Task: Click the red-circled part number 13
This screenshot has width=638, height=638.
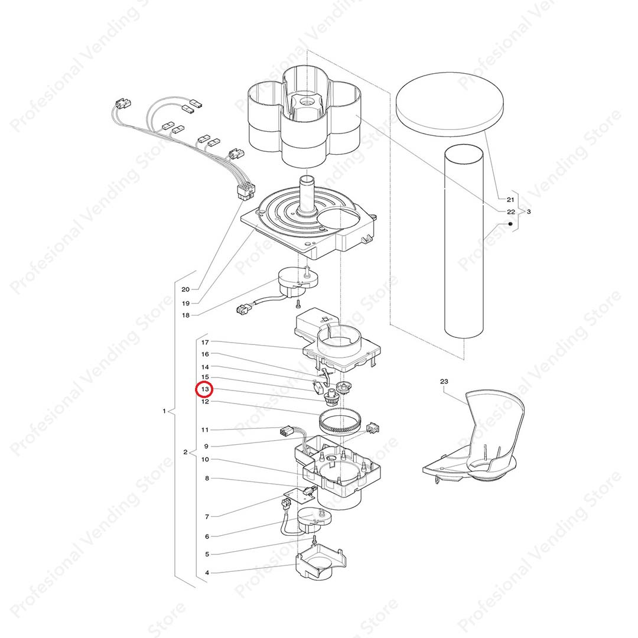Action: pos(205,389)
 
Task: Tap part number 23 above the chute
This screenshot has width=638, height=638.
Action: pos(444,381)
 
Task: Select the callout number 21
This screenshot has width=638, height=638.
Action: pos(510,200)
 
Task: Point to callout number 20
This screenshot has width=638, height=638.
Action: pos(185,289)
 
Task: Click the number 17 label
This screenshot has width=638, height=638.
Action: pos(205,342)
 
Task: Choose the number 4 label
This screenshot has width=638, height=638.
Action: pos(207,573)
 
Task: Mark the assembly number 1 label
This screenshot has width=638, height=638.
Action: pos(164,411)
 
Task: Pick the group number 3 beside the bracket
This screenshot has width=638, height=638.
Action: pos(529,211)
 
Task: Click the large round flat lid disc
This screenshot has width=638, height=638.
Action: pos(450,104)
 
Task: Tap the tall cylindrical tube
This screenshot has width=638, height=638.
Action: pos(464,241)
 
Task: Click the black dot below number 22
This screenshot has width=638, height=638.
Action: pos(510,224)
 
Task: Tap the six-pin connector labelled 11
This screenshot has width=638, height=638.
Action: pos(287,432)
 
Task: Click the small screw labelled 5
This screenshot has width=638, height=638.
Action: pos(314,540)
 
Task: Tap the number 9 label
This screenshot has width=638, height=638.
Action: pos(206,447)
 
